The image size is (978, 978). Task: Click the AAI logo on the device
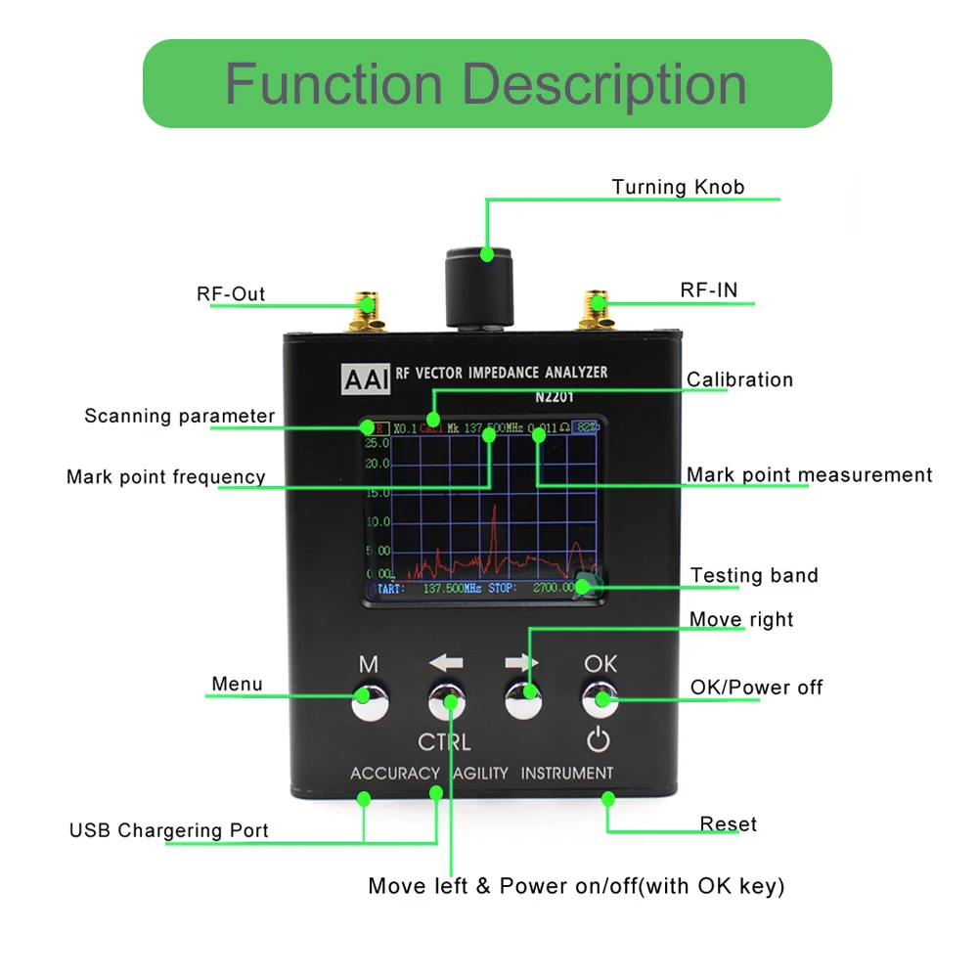tap(365, 378)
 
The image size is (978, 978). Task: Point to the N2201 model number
tap(554, 398)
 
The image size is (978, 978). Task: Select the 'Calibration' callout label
tap(739, 379)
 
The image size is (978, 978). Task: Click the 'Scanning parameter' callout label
tap(180, 417)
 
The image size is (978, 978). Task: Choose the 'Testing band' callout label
tap(754, 575)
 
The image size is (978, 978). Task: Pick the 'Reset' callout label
tap(729, 824)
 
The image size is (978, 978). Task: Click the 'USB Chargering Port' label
tap(168, 831)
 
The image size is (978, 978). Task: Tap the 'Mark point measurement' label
tap(809, 475)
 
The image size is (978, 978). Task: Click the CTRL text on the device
tap(444, 741)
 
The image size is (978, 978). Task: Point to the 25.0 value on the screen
tap(378, 443)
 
